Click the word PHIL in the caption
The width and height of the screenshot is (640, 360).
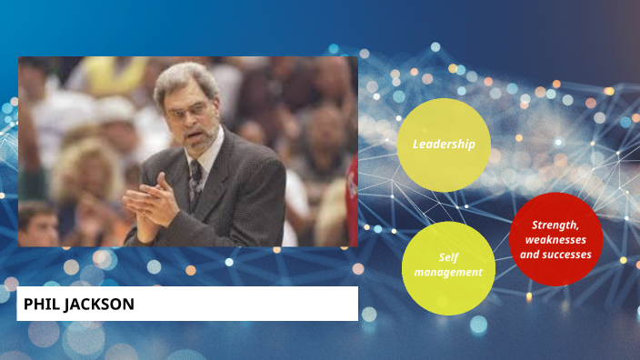pyautogui.click(x=40, y=305)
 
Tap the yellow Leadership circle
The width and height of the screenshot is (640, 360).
pyautogui.click(x=444, y=145)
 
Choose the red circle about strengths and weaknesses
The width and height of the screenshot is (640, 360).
pyautogui.click(x=555, y=239)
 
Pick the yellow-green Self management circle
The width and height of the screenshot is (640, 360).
pyautogui.click(x=448, y=265)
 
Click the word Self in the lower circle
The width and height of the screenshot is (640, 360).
pyautogui.click(x=448, y=257)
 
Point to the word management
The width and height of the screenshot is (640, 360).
pyautogui.click(x=448, y=272)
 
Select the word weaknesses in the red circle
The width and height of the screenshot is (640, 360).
pyautogui.click(x=555, y=239)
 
